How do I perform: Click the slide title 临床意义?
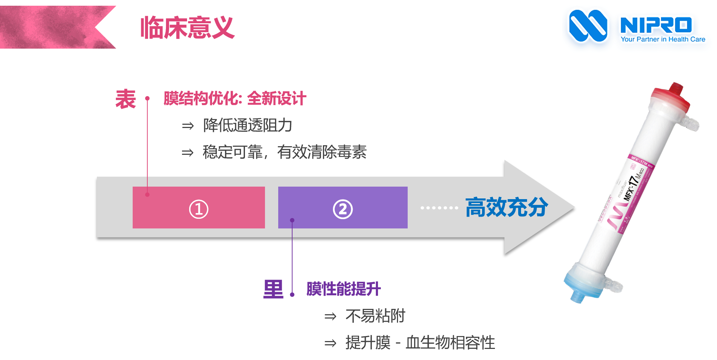click(x=187, y=28)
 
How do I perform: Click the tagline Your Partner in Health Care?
click(x=663, y=39)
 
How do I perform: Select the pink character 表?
click(x=126, y=99)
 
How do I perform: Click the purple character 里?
click(x=273, y=289)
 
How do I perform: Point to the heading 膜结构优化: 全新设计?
click(x=235, y=98)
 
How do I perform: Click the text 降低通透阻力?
click(x=247, y=125)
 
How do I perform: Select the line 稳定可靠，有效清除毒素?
click(x=284, y=152)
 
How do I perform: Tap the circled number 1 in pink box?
click(x=198, y=209)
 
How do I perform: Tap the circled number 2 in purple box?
click(x=343, y=209)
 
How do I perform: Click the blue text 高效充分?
click(x=506, y=207)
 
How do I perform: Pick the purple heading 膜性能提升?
click(x=343, y=289)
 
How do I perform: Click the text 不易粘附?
click(x=375, y=316)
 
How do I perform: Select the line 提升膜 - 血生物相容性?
click(x=420, y=342)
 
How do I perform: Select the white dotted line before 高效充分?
click(x=439, y=208)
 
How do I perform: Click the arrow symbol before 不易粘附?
click(x=330, y=316)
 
